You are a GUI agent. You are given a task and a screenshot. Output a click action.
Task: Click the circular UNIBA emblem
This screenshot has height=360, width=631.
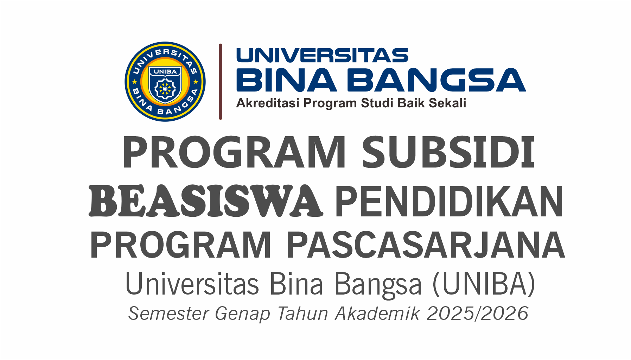tap(165, 82)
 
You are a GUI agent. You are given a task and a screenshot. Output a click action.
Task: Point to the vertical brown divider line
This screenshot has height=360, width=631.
tap(221, 82)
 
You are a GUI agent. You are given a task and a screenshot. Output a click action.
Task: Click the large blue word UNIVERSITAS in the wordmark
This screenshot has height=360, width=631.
tap(322, 56)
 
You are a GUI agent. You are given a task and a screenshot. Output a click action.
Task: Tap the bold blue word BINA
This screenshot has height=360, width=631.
tap(287, 80)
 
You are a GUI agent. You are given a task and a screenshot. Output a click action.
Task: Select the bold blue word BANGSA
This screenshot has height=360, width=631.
tap(436, 80)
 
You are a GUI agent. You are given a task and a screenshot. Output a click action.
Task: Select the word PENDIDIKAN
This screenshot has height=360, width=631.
tap(450, 202)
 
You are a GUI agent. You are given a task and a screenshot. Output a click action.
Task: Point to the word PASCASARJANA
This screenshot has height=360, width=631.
tap(426, 245)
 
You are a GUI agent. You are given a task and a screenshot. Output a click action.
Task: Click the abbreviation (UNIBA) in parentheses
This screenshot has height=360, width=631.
tap(484, 284)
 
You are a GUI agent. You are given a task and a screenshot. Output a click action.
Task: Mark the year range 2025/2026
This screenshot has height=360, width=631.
tap(478, 314)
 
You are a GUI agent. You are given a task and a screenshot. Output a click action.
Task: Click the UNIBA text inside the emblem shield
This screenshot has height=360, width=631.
tap(165, 71)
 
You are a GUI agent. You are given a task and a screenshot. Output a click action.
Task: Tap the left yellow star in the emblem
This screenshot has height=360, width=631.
tap(134, 82)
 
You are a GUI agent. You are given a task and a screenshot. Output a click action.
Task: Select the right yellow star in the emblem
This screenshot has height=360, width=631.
tap(196, 82)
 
